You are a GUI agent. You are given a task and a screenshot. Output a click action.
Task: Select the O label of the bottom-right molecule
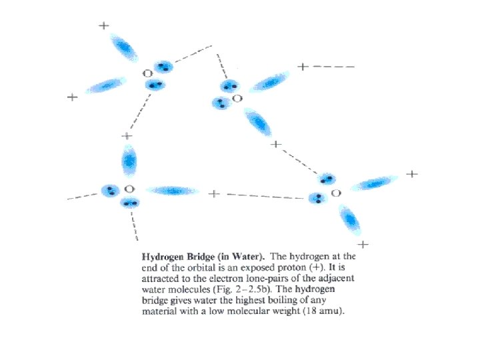point(336,193)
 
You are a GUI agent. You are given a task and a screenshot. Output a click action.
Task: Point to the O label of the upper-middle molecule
point(237,99)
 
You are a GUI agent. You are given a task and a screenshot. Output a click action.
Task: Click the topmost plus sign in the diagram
point(104,26)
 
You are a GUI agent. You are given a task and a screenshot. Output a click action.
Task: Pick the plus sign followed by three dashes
point(303,67)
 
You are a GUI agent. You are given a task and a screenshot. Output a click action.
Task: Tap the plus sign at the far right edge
point(412,174)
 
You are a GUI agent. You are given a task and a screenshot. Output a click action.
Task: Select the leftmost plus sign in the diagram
point(72,97)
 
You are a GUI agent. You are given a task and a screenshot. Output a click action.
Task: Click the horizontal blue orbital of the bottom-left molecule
point(172,191)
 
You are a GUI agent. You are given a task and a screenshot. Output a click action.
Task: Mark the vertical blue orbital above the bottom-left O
point(129,161)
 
